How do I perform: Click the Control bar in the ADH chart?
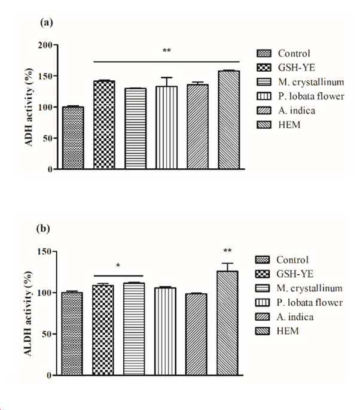tap(73, 138)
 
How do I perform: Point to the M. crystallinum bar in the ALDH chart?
tap(136, 329)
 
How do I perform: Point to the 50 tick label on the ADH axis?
tap(44, 138)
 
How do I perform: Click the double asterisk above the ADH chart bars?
tap(167, 51)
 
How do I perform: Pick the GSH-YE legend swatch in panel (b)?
tap(263, 274)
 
